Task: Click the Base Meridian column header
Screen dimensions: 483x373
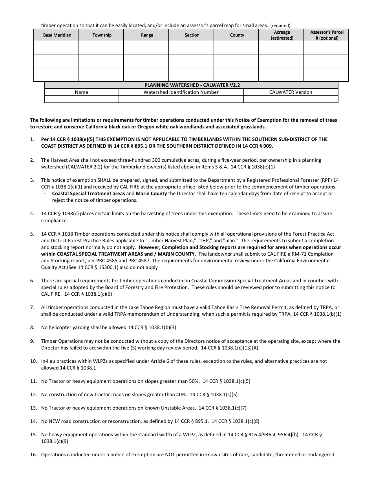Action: [x=57, y=35]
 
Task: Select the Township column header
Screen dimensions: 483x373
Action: [x=102, y=35]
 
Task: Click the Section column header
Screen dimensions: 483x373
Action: [x=192, y=35]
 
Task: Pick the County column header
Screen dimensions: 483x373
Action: [x=237, y=35]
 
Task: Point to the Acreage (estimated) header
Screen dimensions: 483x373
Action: [x=282, y=35]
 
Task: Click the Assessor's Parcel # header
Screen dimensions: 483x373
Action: [x=326, y=35]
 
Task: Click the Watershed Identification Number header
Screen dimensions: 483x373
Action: [x=181, y=92]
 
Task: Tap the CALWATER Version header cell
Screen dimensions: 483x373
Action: [x=291, y=92]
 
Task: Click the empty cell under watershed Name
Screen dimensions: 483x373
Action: [x=81, y=99]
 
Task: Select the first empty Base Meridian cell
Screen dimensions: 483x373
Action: [x=56, y=48]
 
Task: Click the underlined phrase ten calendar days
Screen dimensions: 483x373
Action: [x=240, y=194]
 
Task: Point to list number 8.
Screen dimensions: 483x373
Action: [x=32, y=327]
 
